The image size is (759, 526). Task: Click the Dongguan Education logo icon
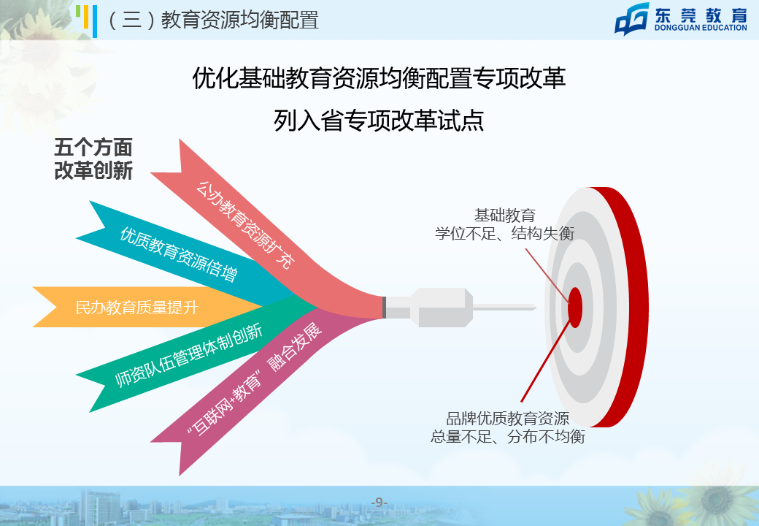point(632,19)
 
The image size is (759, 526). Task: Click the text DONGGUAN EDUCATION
point(701,28)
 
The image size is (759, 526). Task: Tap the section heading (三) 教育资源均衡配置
point(212,20)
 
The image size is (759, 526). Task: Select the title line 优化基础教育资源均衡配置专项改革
point(379,78)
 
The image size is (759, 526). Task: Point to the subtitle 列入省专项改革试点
point(379,120)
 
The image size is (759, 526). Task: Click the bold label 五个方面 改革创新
point(93,159)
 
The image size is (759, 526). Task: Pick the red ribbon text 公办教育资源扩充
point(245,224)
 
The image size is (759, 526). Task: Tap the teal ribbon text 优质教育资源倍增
point(179,254)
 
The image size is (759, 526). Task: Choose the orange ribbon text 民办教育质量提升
point(137,307)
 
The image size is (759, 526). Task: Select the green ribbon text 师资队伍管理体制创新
point(189,355)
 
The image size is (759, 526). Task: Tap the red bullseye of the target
point(575,307)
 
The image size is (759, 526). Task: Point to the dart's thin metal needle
point(504,308)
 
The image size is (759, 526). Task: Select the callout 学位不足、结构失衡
point(504,234)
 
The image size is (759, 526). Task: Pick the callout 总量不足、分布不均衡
point(508,436)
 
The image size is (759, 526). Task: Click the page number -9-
point(379,503)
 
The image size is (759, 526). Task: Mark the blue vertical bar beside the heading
point(94,21)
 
